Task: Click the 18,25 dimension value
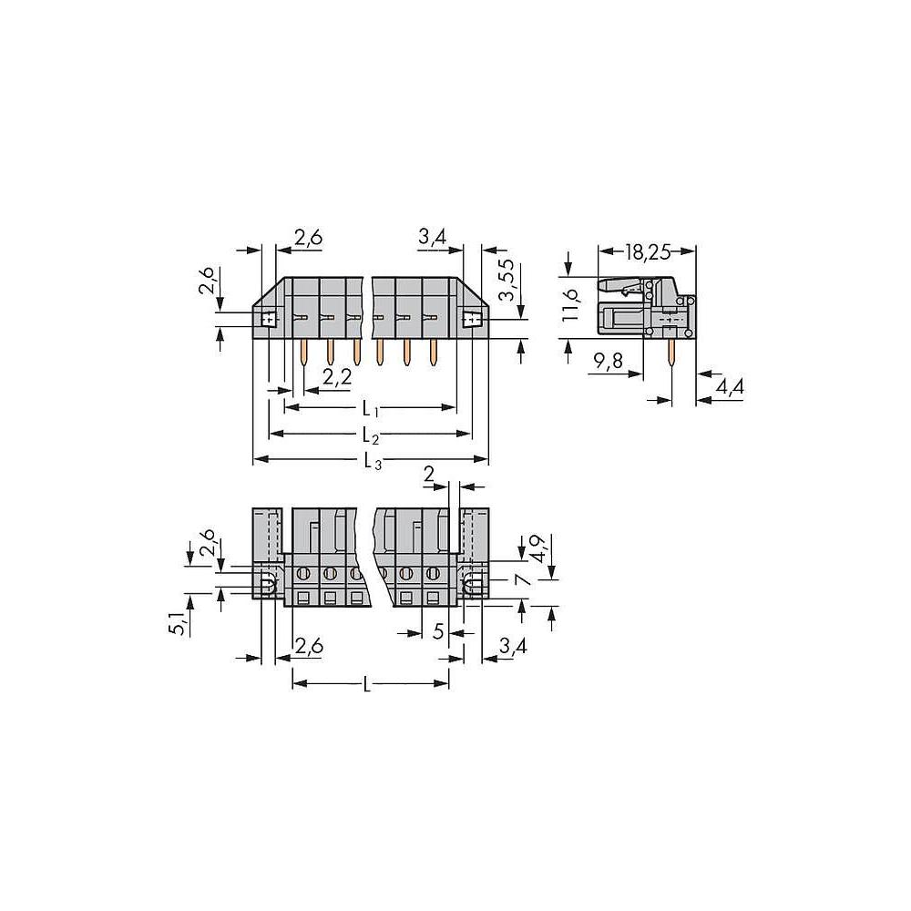[647, 251]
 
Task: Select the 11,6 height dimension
[572, 304]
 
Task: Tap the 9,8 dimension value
[609, 361]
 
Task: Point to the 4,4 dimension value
[729, 385]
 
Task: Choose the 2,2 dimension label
[337, 378]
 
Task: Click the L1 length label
[371, 409]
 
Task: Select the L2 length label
[371, 435]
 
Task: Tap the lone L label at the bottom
[366, 685]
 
